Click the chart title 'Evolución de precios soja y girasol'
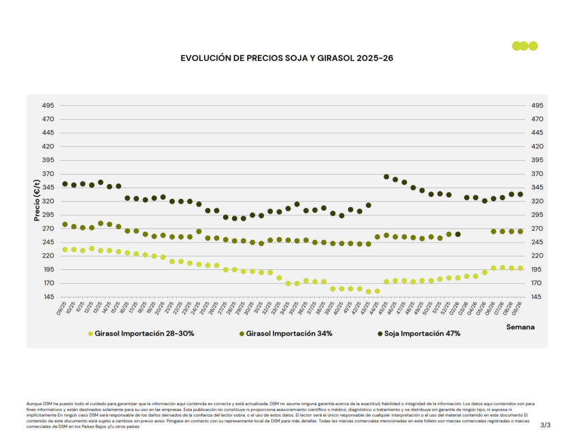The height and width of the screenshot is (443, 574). [286, 58]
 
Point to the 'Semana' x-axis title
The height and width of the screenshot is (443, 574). [520, 327]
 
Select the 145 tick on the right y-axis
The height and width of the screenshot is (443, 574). [530, 297]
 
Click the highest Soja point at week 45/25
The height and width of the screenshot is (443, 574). [386, 177]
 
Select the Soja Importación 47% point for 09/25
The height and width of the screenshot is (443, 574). [65, 184]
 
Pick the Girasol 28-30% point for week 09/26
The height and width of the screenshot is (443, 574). [520, 268]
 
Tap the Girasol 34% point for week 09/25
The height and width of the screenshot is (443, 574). [65, 225]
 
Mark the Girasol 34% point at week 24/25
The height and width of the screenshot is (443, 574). [198, 231]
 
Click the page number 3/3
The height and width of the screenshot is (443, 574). [545, 426]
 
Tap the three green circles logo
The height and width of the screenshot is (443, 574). [525, 46]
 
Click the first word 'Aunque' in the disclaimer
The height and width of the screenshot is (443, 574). [34, 403]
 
